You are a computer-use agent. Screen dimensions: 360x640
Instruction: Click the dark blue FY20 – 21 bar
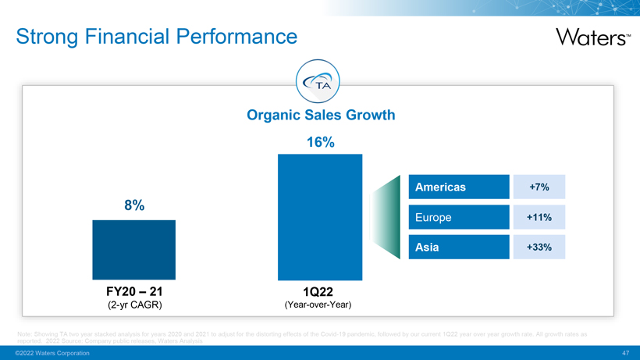133,249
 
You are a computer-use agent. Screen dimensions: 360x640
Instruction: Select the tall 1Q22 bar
320,216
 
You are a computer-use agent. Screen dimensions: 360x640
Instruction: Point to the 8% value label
133,205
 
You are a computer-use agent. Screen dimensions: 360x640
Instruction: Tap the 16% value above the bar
320,142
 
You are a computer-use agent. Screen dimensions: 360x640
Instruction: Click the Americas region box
457,187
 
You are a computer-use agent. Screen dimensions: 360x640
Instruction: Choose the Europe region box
457,217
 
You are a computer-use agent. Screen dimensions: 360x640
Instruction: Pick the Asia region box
457,247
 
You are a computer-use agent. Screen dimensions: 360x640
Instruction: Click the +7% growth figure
539,187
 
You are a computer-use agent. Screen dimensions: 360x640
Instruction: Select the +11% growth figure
539,217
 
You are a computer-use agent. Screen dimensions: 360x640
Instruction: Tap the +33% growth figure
539,248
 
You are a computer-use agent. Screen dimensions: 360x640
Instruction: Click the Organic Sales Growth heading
321,116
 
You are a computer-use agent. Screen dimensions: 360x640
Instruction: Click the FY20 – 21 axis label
133,291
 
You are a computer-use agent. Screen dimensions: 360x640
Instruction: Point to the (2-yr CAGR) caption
133,304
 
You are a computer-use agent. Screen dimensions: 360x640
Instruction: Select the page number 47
625,354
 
